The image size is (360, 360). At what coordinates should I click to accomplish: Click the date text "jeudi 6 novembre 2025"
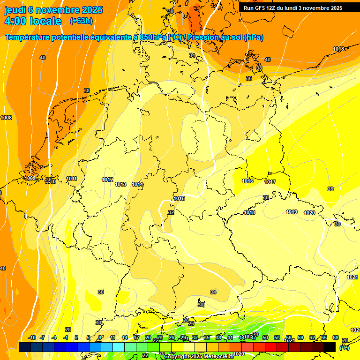click(x=53, y=10)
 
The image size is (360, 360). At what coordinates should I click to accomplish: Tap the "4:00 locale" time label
click(x=33, y=21)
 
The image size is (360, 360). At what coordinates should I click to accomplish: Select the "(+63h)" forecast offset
click(x=81, y=21)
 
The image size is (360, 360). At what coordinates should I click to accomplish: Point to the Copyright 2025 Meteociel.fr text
click(x=199, y=356)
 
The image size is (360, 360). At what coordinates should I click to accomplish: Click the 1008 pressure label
click(x=6, y=118)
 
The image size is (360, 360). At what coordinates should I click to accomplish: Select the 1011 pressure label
click(x=72, y=179)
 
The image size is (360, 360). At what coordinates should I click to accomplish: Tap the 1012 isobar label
click(x=107, y=180)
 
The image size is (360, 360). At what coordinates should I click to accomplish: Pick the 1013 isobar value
click(x=120, y=184)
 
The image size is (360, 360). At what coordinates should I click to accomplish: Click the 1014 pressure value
click(x=137, y=184)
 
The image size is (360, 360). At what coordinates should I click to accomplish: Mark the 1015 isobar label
click(x=179, y=198)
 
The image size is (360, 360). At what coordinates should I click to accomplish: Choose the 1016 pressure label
click(x=247, y=181)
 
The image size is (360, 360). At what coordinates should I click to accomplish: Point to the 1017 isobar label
click(x=270, y=182)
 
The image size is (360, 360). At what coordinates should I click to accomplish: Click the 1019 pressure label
click(x=292, y=212)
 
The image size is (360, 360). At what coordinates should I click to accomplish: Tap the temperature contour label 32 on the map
click(x=171, y=212)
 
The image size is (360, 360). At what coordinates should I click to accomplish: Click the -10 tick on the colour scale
click(x=32, y=337)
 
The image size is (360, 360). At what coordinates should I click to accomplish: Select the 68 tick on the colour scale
click(x=336, y=337)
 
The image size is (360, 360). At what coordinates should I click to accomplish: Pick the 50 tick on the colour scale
click(x=265, y=337)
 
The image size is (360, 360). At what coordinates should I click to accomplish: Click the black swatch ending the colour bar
click(x=330, y=347)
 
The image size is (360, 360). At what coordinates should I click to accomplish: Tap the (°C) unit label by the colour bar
click(x=345, y=348)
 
